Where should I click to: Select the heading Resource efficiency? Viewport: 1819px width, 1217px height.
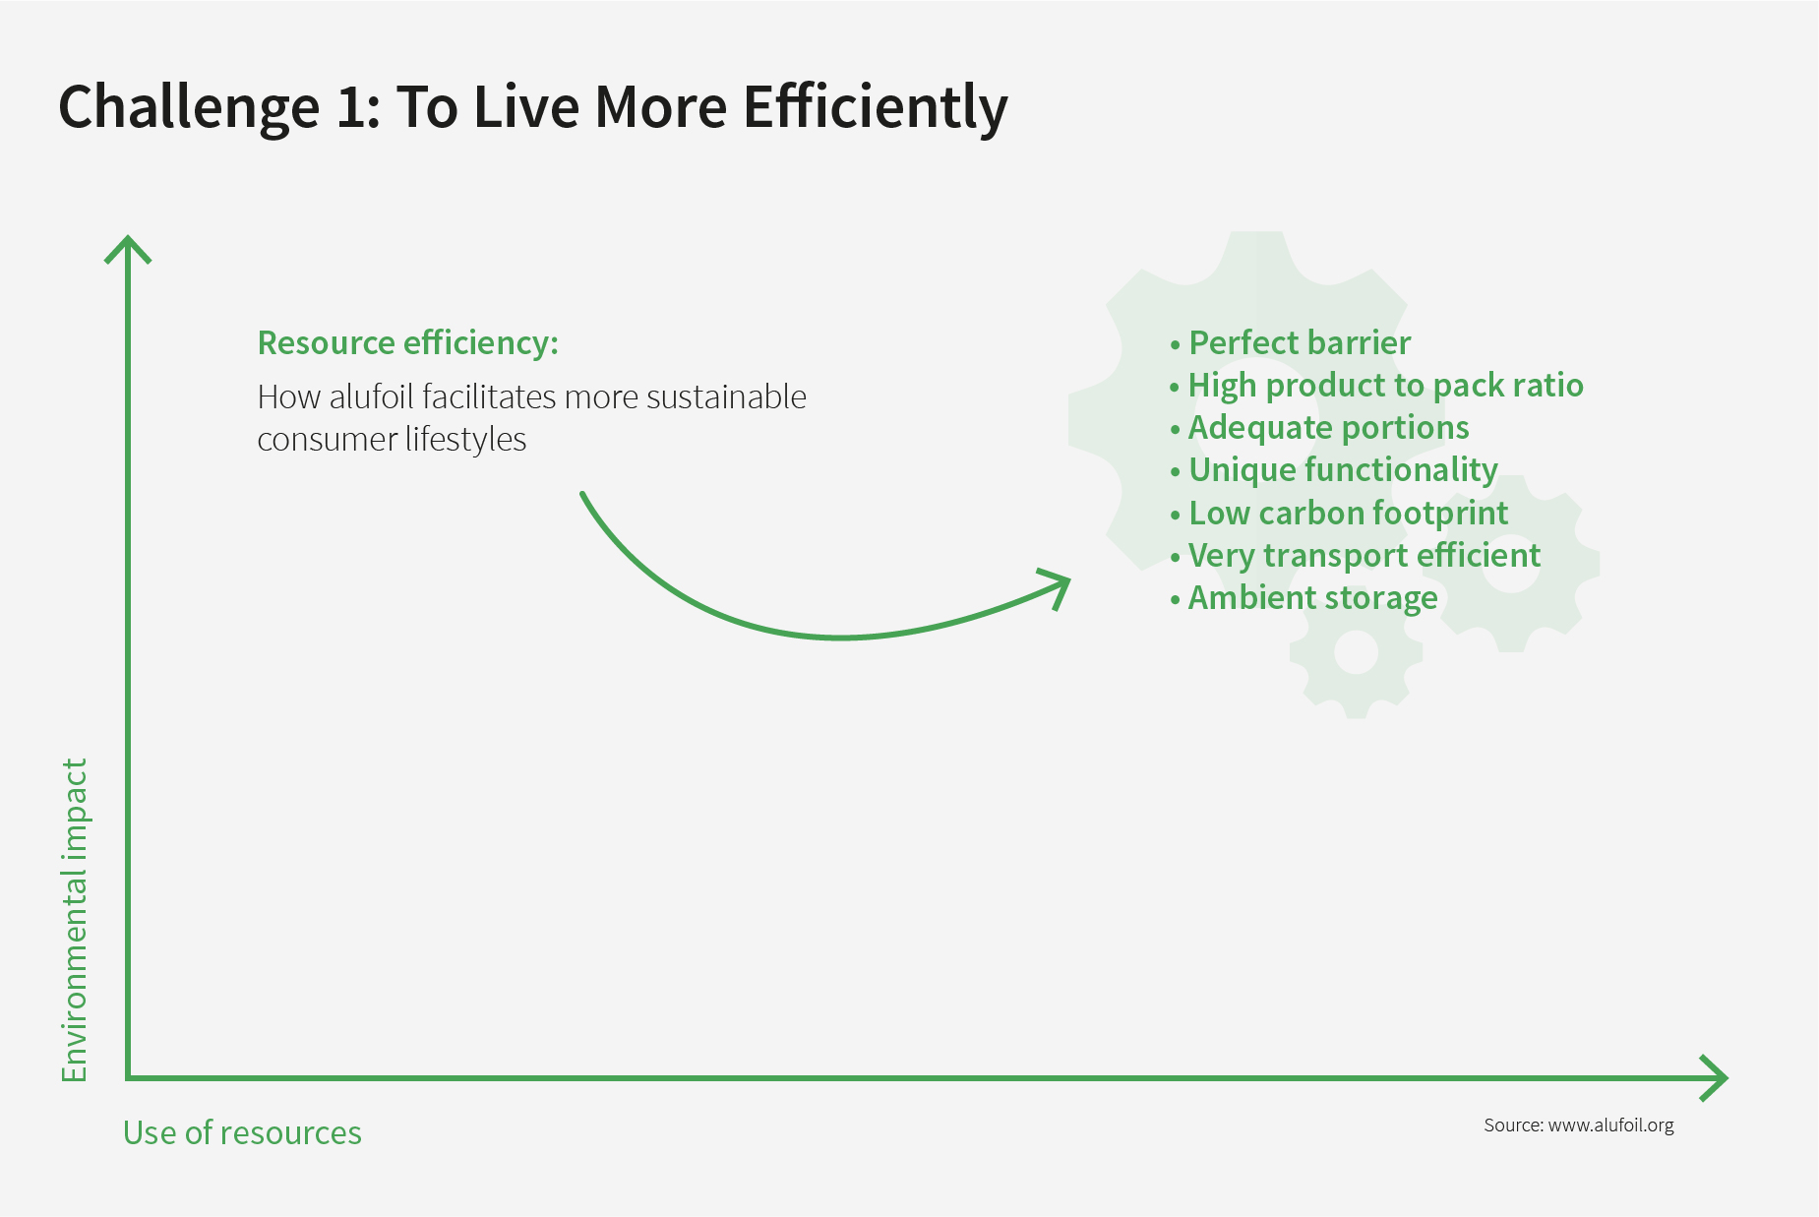(x=407, y=343)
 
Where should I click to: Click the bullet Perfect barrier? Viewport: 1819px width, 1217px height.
(x=1291, y=342)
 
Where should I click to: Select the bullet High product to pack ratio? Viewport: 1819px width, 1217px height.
(x=1376, y=386)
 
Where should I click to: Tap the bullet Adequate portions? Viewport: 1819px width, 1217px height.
(x=1319, y=428)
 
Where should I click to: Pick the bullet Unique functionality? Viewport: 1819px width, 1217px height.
(x=1334, y=470)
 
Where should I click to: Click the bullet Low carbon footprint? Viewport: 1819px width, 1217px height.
(x=1339, y=514)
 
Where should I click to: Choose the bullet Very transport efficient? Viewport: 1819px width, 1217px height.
(x=1356, y=556)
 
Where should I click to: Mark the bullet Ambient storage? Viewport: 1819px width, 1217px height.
(x=1304, y=598)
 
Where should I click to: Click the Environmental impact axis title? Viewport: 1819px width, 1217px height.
(x=75, y=920)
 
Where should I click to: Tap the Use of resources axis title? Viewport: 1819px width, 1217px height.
(x=242, y=1133)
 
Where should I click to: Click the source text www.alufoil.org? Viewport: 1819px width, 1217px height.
(x=1610, y=1125)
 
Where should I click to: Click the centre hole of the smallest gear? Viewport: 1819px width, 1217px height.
(x=1356, y=651)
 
